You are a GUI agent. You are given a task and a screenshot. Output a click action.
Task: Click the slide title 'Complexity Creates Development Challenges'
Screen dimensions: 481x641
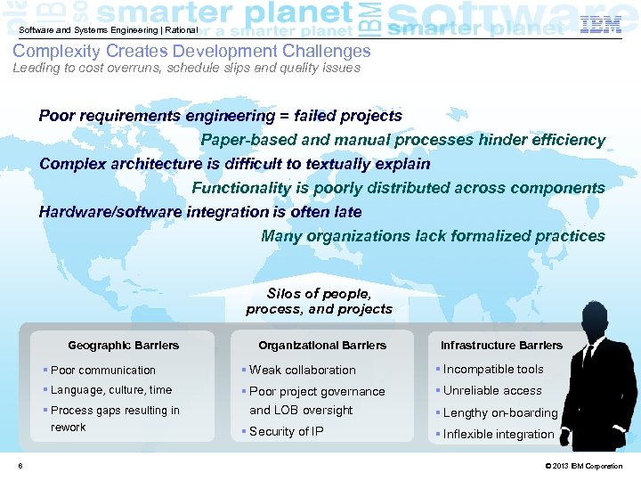[x=191, y=52]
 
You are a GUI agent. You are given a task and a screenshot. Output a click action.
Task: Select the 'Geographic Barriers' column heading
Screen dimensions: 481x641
[x=123, y=346]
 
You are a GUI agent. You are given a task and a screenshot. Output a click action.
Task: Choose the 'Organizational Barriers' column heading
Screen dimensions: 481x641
[x=322, y=346]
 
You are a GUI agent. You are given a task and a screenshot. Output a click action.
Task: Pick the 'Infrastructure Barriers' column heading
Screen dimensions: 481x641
[x=502, y=346]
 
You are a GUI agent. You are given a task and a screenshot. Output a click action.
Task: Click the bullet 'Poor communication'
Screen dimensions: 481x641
[x=103, y=371]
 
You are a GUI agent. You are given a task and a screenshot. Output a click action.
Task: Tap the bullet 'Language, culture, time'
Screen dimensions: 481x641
[x=111, y=390]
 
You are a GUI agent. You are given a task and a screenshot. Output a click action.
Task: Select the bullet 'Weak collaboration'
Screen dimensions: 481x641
[x=302, y=371]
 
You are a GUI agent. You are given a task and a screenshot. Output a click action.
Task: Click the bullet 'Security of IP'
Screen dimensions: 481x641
[x=286, y=432]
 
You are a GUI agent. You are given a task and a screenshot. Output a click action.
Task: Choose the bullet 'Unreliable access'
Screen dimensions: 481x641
[x=492, y=391]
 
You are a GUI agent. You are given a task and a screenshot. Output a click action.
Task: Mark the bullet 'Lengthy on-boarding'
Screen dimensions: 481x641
[x=499, y=413]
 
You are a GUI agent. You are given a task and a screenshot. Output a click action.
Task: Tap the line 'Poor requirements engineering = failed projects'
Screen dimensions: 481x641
[x=220, y=116]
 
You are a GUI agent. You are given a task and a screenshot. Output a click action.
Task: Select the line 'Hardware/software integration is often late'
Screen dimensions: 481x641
[x=200, y=212]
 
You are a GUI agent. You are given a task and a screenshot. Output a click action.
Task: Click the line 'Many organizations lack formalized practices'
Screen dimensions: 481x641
[x=433, y=236]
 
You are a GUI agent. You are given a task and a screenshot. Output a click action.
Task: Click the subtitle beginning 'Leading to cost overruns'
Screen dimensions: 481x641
[x=186, y=69]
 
